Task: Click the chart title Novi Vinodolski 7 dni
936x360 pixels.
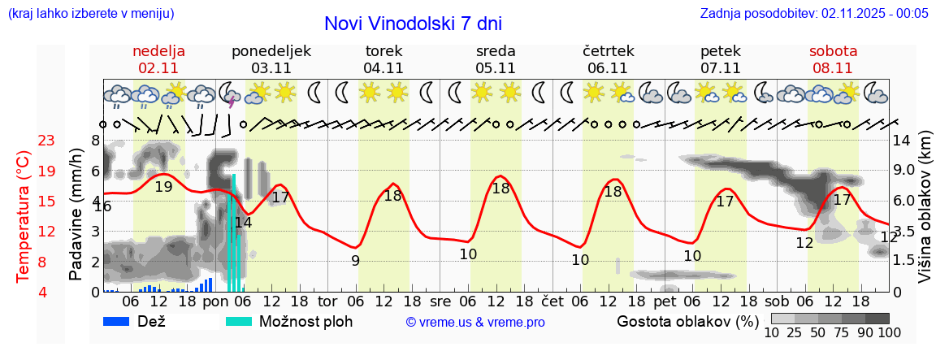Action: tap(413, 24)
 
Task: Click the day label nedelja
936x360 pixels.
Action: tap(158, 50)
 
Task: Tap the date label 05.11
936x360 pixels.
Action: tap(496, 67)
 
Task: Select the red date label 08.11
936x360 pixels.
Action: tap(833, 67)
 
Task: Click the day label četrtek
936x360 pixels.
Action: tap(608, 50)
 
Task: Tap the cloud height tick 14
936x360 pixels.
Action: tap(901, 141)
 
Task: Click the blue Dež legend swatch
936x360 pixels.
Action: tap(119, 321)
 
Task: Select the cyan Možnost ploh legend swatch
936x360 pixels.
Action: tap(239, 321)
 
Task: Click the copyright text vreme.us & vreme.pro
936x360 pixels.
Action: tap(475, 322)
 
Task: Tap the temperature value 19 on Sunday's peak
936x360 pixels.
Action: tap(163, 186)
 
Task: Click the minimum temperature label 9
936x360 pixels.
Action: tap(355, 260)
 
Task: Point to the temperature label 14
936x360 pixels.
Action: tap(243, 222)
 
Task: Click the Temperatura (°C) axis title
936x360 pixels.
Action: tap(24, 216)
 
